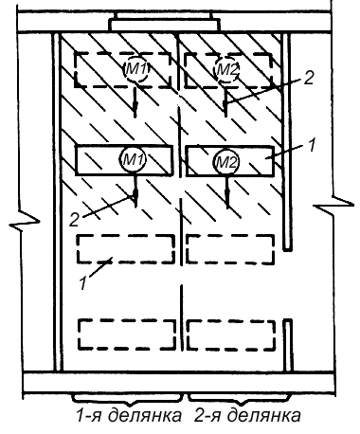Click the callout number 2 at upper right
pyautogui.click(x=308, y=78)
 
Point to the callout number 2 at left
pyautogui.click(x=74, y=220)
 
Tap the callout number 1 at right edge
pyautogui.click(x=312, y=146)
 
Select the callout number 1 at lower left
pyautogui.click(x=82, y=283)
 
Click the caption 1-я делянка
pyautogui.click(x=129, y=416)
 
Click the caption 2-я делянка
pyautogui.click(x=247, y=416)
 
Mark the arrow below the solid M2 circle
pyautogui.click(x=227, y=191)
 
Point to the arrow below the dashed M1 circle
pyautogui.click(x=135, y=101)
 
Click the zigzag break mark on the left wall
pyautogui.click(x=24, y=223)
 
